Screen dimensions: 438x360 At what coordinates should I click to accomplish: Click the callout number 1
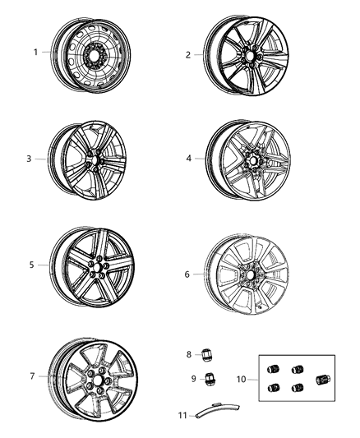(x=36, y=53)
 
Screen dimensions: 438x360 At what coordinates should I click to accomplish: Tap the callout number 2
(x=188, y=55)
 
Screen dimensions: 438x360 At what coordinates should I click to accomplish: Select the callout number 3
(x=29, y=159)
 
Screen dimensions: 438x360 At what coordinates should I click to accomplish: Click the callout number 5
(x=32, y=265)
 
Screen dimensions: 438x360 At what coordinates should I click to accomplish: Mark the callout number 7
(x=32, y=376)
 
